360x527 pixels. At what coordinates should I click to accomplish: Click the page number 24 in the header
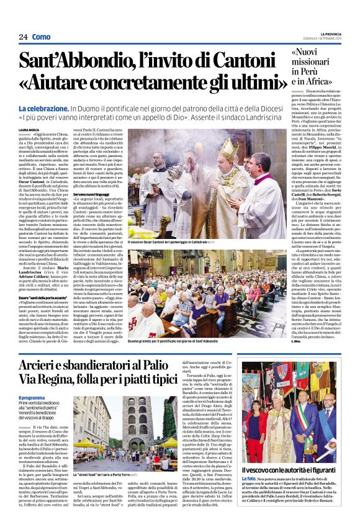pyautogui.click(x=23, y=37)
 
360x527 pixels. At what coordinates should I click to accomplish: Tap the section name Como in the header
pyautogui.click(x=41, y=37)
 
